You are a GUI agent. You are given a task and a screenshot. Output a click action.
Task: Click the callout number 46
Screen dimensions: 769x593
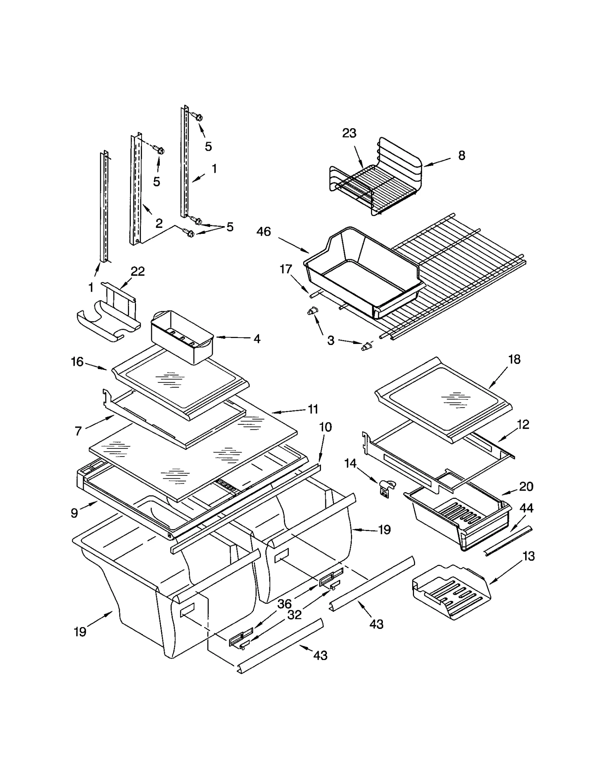tap(264, 232)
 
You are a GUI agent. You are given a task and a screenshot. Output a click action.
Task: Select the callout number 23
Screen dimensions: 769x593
tap(349, 133)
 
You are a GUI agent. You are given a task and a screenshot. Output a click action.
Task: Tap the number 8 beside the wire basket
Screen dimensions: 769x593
tap(461, 155)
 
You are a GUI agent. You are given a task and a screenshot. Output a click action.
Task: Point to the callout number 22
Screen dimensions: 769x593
tap(138, 271)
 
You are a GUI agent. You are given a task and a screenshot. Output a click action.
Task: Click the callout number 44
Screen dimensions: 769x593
tap(526, 508)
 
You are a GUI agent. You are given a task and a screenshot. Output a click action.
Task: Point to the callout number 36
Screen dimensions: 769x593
tap(284, 604)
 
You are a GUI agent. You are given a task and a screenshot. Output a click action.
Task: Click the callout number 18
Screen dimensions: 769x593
tap(514, 359)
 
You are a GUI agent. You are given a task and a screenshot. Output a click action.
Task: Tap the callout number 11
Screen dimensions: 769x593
tap(313, 409)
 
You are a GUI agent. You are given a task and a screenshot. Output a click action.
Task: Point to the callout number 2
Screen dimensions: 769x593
tap(159, 223)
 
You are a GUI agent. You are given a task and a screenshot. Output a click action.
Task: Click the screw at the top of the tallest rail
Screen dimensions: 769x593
tap(198, 117)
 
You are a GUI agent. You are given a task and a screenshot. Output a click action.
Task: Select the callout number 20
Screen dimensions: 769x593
tap(526, 486)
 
